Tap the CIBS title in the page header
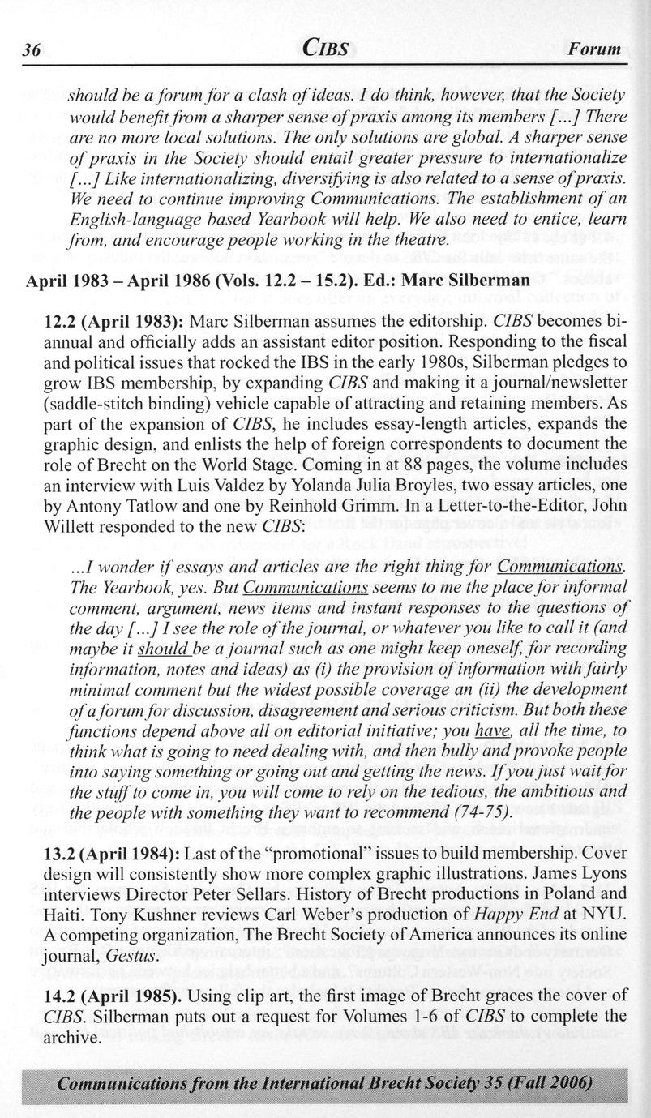(x=325, y=49)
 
